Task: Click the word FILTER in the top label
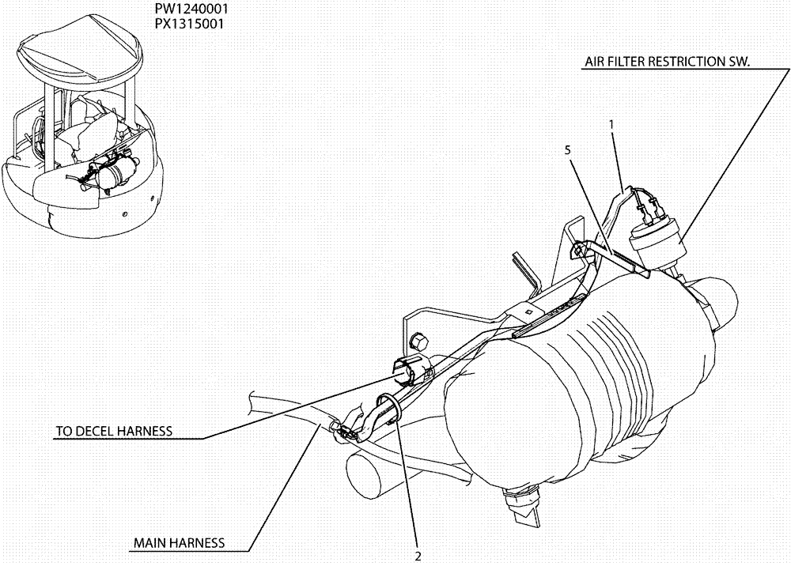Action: tap(630, 62)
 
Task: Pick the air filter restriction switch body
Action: tap(656, 240)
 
